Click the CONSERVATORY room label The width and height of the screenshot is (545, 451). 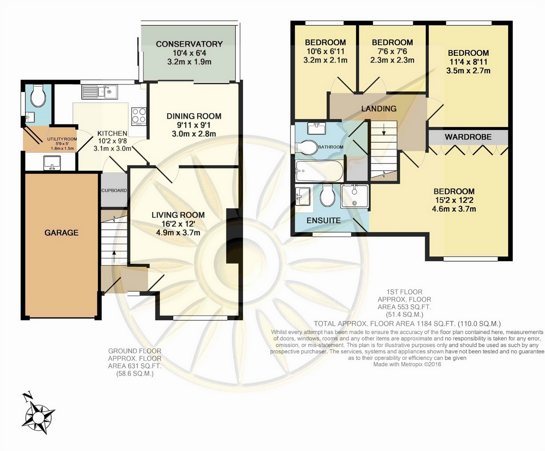[x=189, y=44]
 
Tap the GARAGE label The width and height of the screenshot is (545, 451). [x=61, y=232]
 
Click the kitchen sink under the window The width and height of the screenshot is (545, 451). [x=100, y=92]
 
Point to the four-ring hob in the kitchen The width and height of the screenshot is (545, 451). [x=139, y=116]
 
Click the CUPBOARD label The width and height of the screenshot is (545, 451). [x=114, y=190]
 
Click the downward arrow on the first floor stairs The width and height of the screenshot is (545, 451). [x=384, y=130]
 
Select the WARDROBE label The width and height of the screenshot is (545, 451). [x=468, y=137]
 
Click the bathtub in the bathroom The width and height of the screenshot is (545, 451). [x=319, y=171]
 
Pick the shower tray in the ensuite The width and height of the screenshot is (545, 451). [x=354, y=196]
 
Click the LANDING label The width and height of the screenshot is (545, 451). [x=379, y=108]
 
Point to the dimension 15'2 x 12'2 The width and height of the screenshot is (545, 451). [x=454, y=200]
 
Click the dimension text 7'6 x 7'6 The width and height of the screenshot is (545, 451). [x=392, y=51]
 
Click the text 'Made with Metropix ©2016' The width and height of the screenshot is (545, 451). [x=407, y=364]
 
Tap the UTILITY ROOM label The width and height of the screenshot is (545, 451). [x=62, y=139]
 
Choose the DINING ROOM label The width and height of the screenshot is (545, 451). [x=194, y=116]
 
